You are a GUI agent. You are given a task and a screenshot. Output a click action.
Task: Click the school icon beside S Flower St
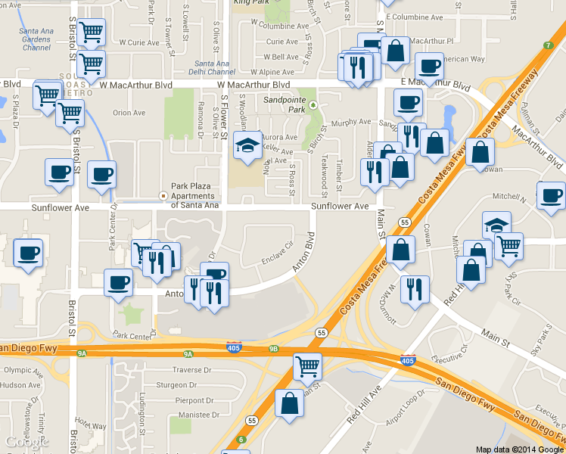[247, 145]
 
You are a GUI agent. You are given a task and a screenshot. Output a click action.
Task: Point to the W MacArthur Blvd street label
[254, 85]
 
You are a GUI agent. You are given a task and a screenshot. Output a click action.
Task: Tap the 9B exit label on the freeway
[273, 349]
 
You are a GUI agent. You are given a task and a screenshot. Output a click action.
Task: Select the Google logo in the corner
[21, 442]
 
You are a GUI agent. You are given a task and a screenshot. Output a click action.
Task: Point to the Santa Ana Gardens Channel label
[36, 39]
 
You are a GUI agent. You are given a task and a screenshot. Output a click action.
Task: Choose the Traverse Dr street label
[191, 370]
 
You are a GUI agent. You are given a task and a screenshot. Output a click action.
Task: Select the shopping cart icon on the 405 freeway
[307, 366]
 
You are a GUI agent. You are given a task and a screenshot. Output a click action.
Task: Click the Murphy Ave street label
[351, 121]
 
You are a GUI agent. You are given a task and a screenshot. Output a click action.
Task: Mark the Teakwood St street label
[325, 173]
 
